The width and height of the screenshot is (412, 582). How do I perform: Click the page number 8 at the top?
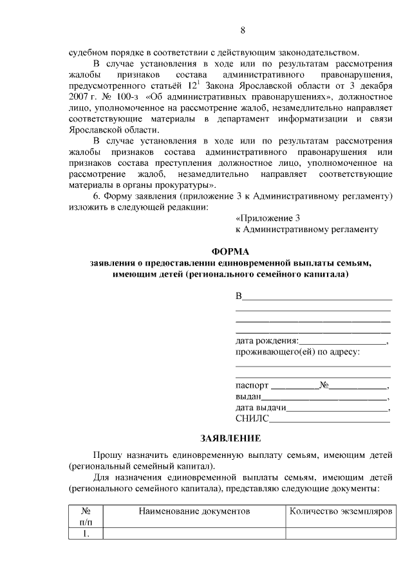(243, 30)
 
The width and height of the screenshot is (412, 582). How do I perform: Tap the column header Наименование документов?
(193, 511)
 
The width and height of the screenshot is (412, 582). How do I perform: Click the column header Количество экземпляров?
(336, 511)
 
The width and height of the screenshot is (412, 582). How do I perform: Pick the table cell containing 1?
(86, 533)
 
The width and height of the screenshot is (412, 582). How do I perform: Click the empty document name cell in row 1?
(193, 533)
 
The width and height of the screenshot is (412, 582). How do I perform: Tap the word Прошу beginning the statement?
(107, 455)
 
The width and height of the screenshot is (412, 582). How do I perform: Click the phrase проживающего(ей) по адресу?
(295, 352)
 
